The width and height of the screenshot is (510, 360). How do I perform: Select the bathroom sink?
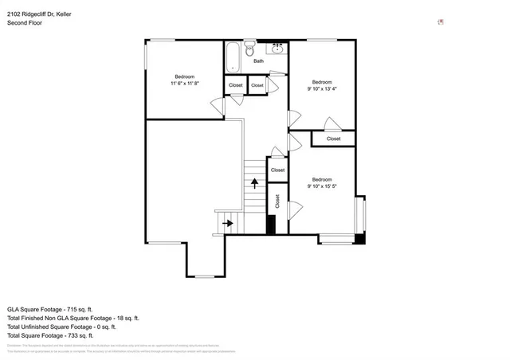278,49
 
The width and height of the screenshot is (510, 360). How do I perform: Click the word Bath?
258,61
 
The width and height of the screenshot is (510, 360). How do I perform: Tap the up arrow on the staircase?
254,183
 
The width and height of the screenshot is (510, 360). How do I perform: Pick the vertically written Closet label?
277,202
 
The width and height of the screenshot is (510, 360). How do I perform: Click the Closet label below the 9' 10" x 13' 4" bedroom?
333,139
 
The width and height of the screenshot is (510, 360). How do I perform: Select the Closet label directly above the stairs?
277,170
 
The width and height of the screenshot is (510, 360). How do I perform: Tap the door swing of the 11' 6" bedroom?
217,104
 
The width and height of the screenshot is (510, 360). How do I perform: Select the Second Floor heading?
25,23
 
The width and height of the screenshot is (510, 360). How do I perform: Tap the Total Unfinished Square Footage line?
61,327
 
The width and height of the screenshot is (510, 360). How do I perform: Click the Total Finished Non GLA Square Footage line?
73,318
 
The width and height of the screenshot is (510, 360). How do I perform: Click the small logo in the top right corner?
441,22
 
